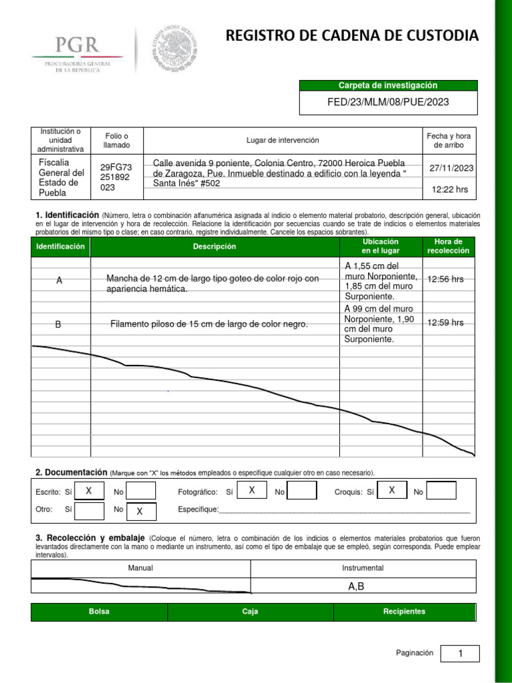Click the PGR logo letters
(x=77, y=45)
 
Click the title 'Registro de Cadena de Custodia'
(x=352, y=36)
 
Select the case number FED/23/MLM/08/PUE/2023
(x=388, y=102)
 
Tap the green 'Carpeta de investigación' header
(x=388, y=85)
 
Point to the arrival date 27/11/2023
(x=451, y=168)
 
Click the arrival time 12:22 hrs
(x=450, y=189)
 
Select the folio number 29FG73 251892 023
(x=116, y=177)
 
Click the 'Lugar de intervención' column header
(x=283, y=140)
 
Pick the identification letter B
(x=59, y=324)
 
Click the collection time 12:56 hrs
(x=445, y=279)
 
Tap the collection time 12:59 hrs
(x=445, y=322)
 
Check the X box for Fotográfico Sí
(x=252, y=491)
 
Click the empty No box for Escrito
(x=141, y=492)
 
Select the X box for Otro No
(x=140, y=512)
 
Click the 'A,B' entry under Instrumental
(x=356, y=587)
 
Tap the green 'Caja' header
(x=250, y=612)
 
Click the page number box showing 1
(x=460, y=654)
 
